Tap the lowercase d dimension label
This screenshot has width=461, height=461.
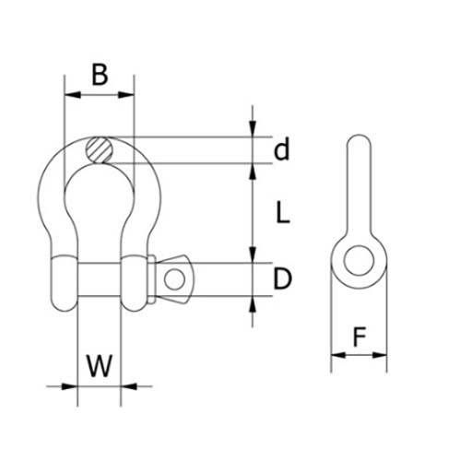[282, 148]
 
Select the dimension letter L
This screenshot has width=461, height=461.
[283, 214]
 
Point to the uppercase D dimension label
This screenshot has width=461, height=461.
[283, 279]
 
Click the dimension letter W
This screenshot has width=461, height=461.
[100, 366]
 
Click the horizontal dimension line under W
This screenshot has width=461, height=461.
[100, 386]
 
